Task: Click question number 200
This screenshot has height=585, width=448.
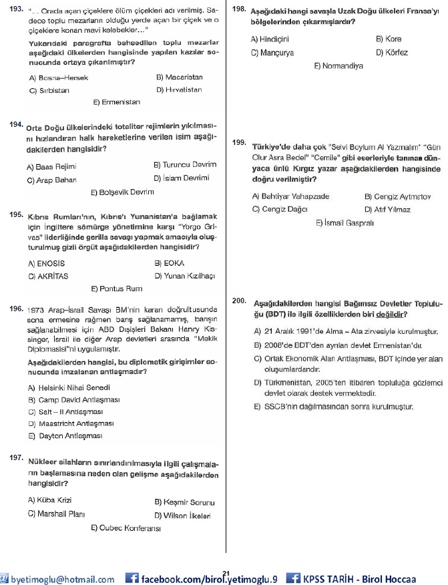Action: click(x=240, y=301)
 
